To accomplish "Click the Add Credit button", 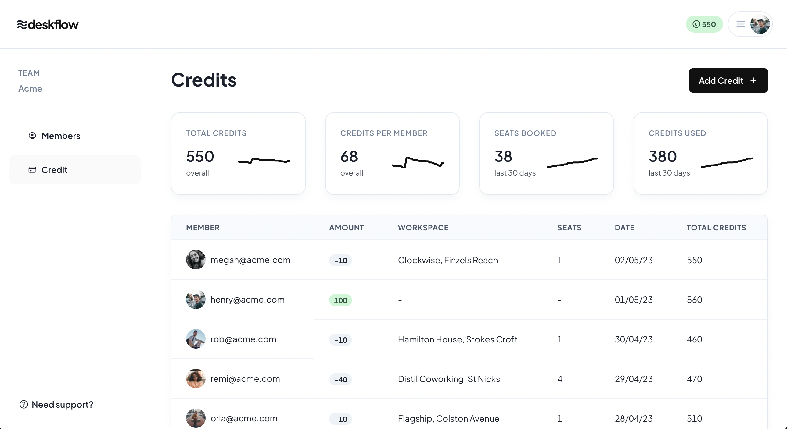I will [x=728, y=80].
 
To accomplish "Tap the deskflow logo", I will [x=48, y=24].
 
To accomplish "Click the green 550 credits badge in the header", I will [x=704, y=24].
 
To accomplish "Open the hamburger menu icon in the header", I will [x=740, y=24].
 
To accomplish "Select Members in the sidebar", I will [x=60, y=136].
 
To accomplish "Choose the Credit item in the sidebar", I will [x=54, y=170].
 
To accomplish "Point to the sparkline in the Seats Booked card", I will [x=572, y=162].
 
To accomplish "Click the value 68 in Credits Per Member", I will [x=349, y=157].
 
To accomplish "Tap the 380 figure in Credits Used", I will [x=663, y=157].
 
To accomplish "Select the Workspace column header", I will [x=423, y=228].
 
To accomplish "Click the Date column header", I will [x=624, y=228].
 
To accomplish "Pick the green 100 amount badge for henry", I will [x=340, y=300].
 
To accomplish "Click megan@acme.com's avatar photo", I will [x=196, y=260].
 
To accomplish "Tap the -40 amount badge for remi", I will [x=340, y=380].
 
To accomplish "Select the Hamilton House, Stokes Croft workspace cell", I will [x=457, y=339].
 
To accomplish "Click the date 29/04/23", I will [x=634, y=379].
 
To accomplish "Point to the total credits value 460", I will [x=694, y=339].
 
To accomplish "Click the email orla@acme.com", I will [x=244, y=418].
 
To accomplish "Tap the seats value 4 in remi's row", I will [x=560, y=379].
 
